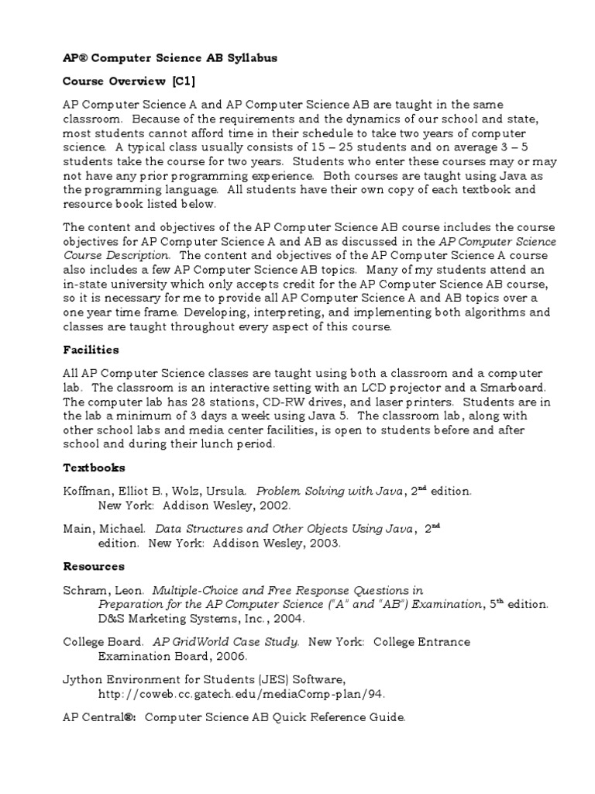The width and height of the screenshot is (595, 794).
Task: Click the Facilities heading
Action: pyautogui.click(x=91, y=350)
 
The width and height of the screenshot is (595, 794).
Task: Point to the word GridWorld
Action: pyautogui.click(x=207, y=642)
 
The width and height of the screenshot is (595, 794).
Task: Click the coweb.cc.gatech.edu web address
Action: pyautogui.click(x=241, y=694)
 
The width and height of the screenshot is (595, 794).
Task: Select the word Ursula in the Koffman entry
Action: pyautogui.click(x=223, y=491)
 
